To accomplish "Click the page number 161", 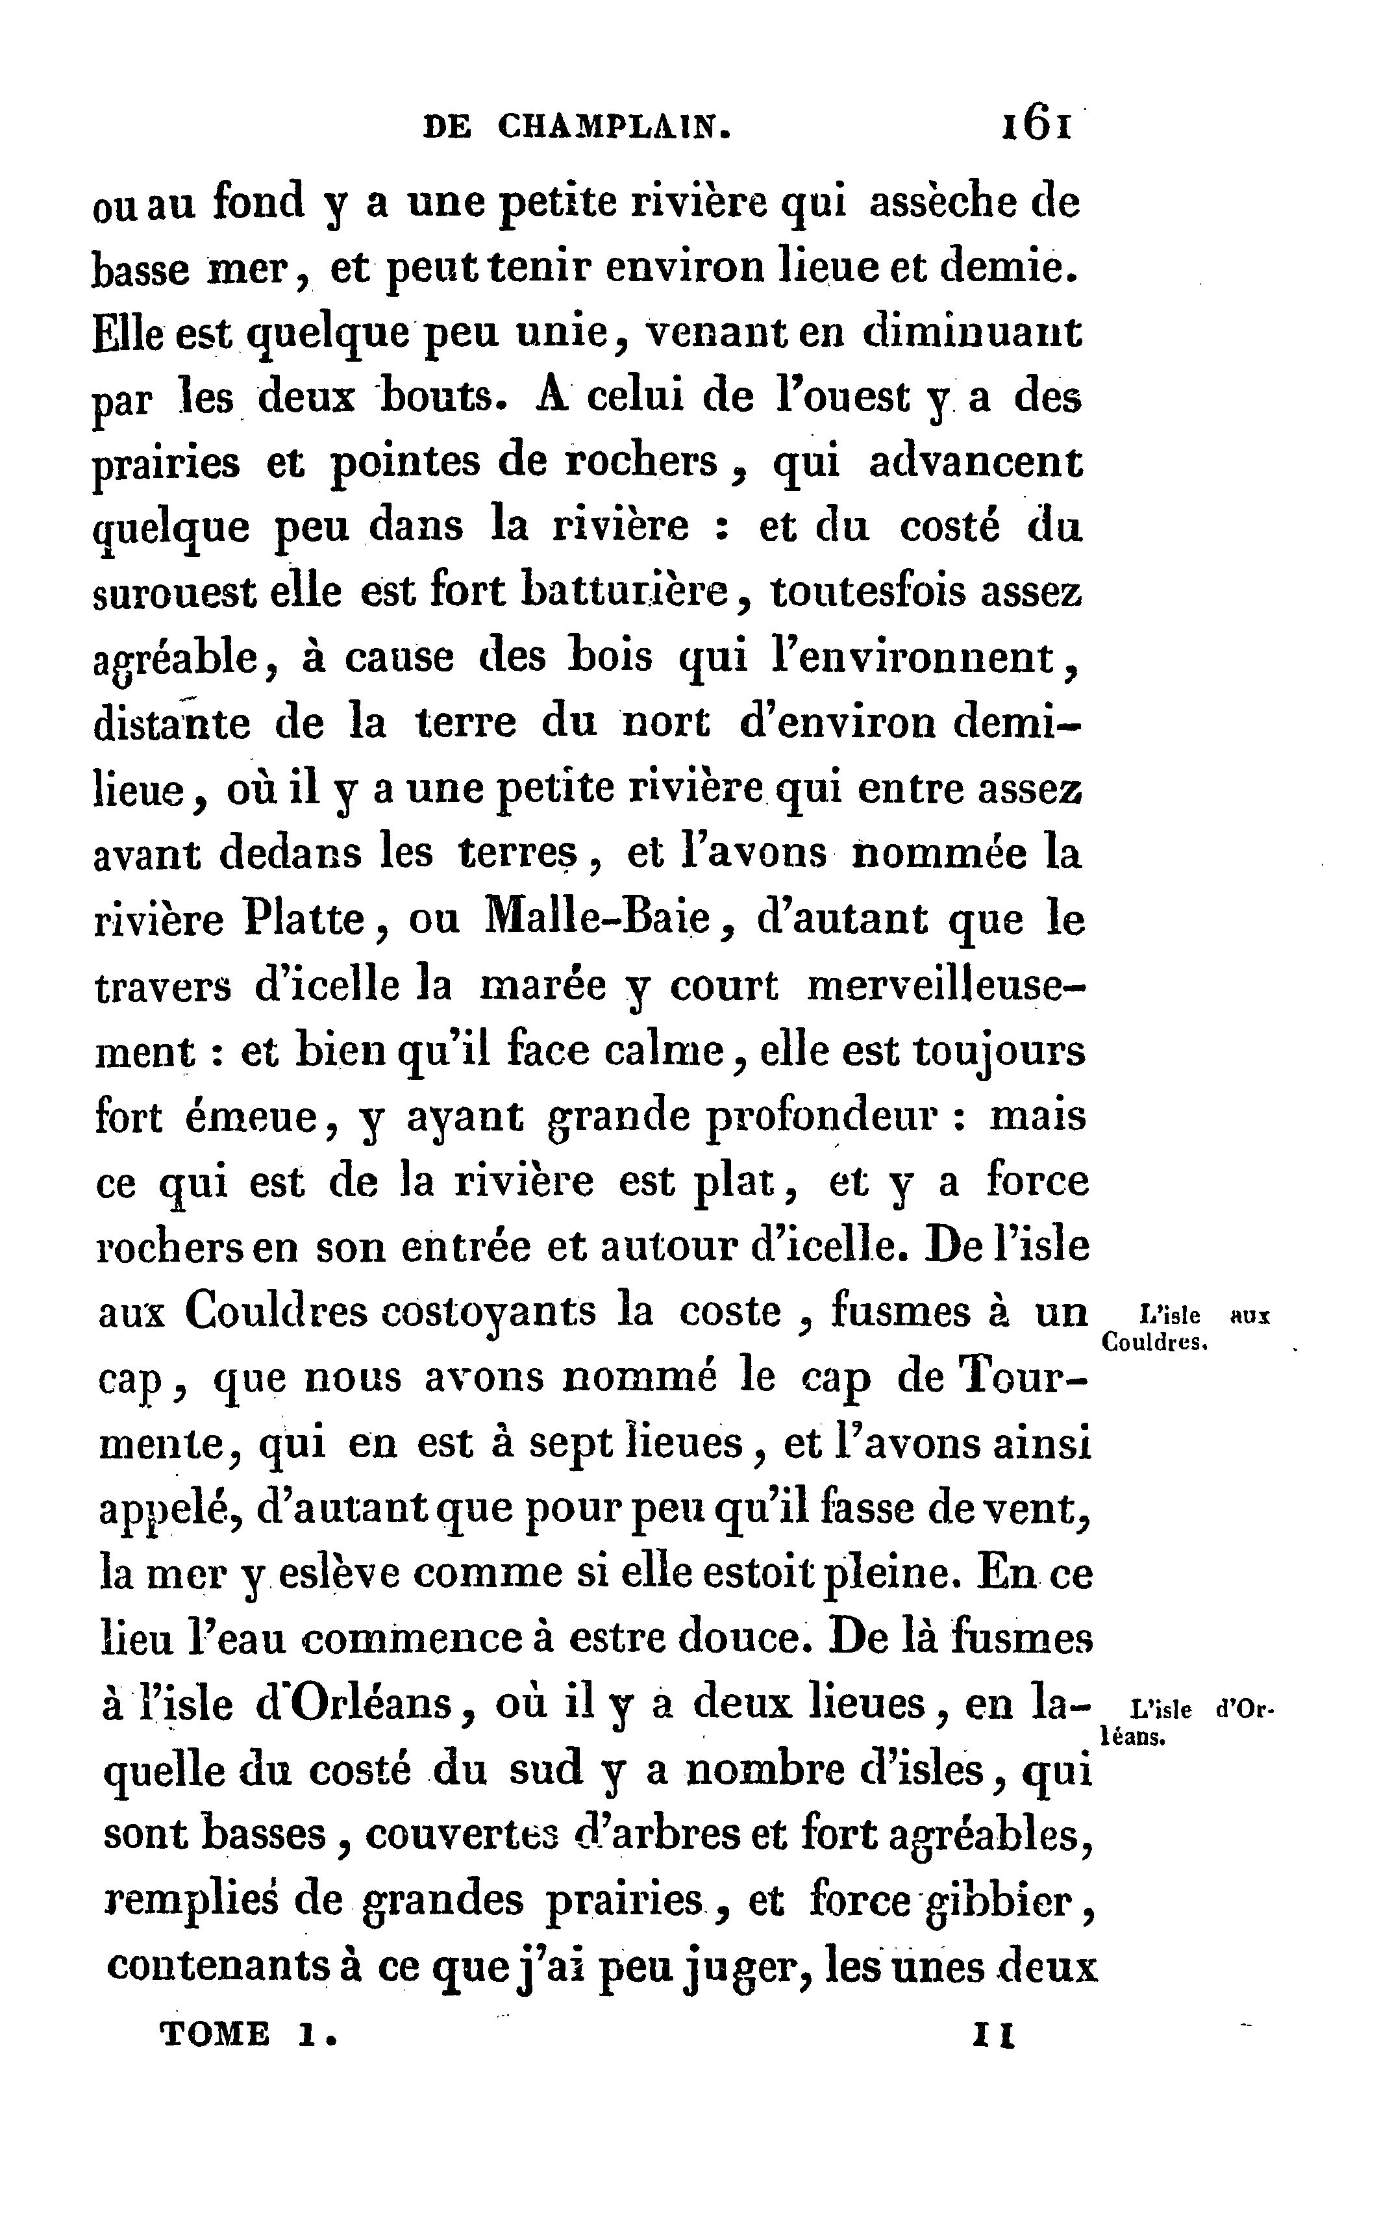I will pos(1037,125).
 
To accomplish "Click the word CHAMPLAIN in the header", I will pos(614,127).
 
